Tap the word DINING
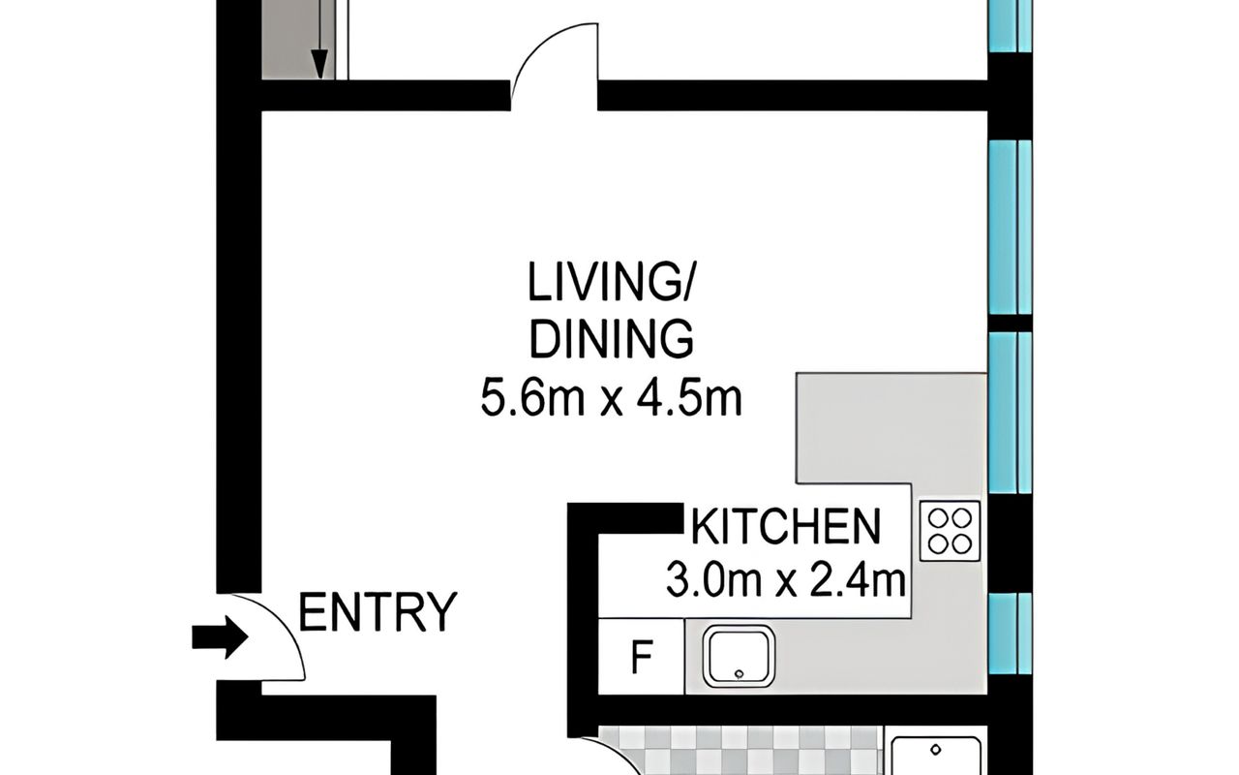(x=611, y=339)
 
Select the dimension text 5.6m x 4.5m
(x=611, y=396)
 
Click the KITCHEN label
(x=785, y=526)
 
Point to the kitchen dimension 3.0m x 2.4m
(x=785, y=579)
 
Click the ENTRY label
(x=378, y=611)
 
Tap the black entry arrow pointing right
(x=220, y=637)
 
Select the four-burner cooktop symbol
(x=950, y=530)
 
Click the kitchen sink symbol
(x=739, y=657)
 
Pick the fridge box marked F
(x=642, y=656)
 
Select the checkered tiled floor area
(x=741, y=751)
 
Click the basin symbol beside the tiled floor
(x=936, y=756)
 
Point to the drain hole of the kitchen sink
(x=740, y=674)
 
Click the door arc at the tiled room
(x=619, y=754)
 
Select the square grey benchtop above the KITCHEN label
(x=891, y=428)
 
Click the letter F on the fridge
(x=642, y=657)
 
